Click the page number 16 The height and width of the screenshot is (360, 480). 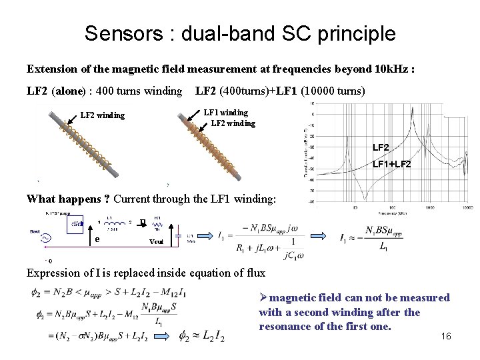446,336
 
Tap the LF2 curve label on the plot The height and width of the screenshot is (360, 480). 381,147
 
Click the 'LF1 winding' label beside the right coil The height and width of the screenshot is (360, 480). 225,113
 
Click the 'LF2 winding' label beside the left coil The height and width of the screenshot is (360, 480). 103,115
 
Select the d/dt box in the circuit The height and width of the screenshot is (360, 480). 77,224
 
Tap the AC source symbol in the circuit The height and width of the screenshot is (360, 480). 46,238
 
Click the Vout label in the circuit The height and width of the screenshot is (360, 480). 156,242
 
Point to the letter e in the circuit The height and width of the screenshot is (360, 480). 97,239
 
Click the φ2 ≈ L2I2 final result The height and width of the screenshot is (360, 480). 202,338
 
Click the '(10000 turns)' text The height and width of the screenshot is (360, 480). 333,91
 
